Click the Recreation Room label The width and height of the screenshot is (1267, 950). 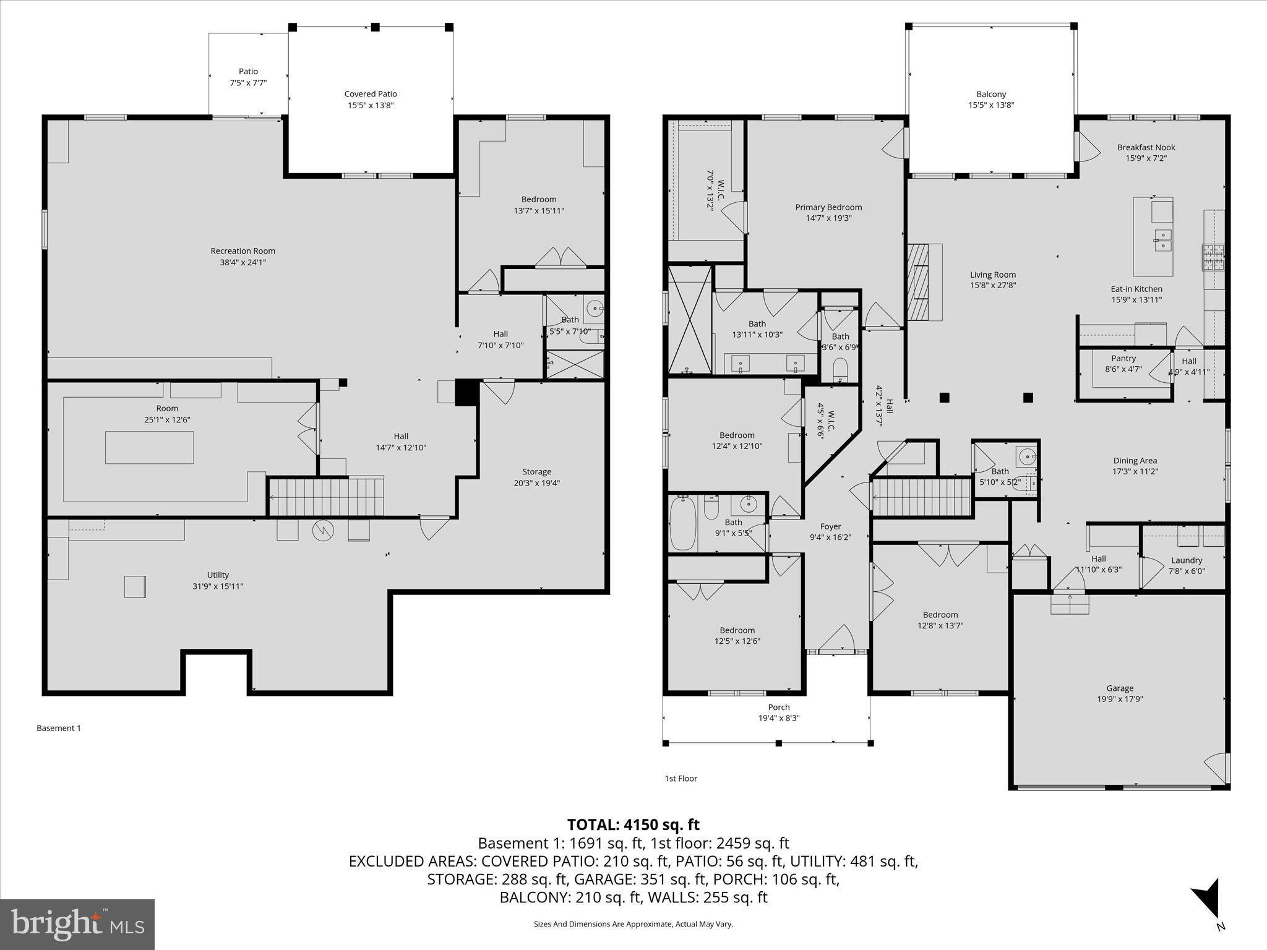click(243, 251)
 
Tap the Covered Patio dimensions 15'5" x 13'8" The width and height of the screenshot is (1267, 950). click(371, 105)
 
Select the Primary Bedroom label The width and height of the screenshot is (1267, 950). click(828, 207)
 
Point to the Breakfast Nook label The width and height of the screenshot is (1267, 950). click(1146, 147)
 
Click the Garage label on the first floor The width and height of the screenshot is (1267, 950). click(1120, 688)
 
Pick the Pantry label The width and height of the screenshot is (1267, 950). click(1123, 358)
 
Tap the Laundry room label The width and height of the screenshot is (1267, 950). click(1187, 560)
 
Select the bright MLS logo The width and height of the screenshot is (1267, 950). click(77, 924)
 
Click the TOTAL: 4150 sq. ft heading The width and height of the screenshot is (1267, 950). click(633, 824)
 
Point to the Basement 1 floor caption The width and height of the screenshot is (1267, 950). click(59, 728)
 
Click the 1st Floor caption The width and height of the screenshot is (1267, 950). click(681, 779)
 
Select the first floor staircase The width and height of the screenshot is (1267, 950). click(921, 497)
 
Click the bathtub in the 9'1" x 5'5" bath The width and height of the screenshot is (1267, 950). click(683, 523)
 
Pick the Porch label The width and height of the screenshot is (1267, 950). click(779, 707)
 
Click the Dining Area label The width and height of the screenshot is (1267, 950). click(1135, 460)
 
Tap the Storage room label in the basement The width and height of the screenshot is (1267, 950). click(536, 472)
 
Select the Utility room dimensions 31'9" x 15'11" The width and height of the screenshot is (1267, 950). click(218, 586)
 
